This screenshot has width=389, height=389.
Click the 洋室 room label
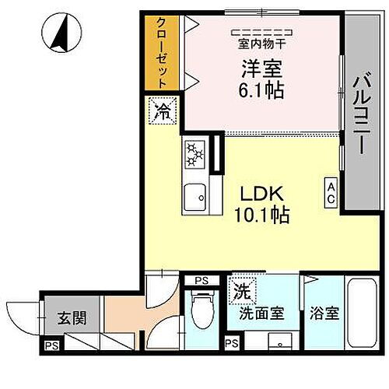point(261,68)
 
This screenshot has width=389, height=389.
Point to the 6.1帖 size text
point(261,90)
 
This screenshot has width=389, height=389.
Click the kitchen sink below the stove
point(194,198)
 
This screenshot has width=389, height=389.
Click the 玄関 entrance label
point(66,317)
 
